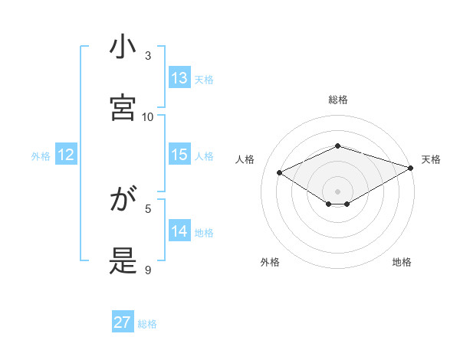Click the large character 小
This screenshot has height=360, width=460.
(x=123, y=47)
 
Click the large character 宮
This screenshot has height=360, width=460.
(x=123, y=108)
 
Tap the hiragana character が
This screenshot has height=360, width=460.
(x=123, y=201)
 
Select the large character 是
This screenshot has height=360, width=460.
(x=123, y=261)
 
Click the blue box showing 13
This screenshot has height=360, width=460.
(x=179, y=78)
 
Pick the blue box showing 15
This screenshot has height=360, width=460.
(x=179, y=155)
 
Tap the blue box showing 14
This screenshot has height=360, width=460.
(x=179, y=231)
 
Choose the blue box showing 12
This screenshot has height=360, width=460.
(x=66, y=155)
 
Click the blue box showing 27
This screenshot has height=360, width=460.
(x=123, y=322)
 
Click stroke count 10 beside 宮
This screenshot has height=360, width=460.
(x=148, y=116)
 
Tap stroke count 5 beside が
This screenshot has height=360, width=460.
(x=148, y=208)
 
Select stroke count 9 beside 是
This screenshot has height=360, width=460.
(x=148, y=270)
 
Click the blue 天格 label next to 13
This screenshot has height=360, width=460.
(x=204, y=79)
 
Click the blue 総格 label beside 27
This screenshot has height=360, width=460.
(x=147, y=324)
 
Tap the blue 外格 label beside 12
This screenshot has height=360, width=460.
(x=41, y=156)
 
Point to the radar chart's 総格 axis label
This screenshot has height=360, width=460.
(x=338, y=100)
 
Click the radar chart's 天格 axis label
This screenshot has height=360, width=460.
(x=431, y=159)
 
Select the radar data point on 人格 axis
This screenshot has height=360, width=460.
(x=280, y=172)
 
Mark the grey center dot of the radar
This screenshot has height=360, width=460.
(x=338, y=191)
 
